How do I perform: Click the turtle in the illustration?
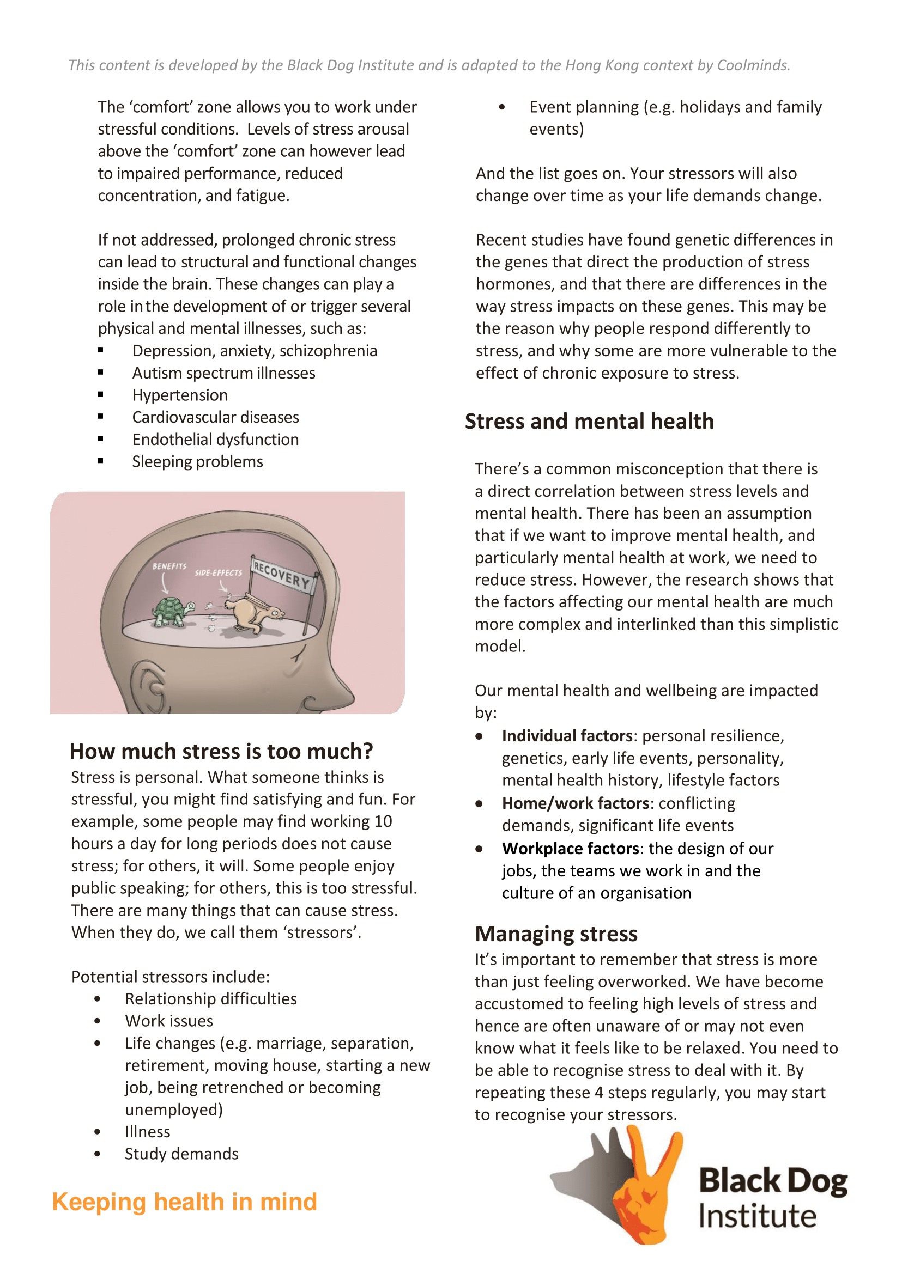172,612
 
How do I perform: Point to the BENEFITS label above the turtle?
169,566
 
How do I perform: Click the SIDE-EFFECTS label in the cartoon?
219,572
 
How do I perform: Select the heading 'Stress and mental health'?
589,422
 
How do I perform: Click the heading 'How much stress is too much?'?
221,751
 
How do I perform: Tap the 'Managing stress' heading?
556,934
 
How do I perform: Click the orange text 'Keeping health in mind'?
184,1202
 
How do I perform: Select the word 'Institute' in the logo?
757,1216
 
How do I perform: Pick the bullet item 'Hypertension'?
180,395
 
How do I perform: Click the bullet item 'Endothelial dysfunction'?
215,440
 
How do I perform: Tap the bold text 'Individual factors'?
567,736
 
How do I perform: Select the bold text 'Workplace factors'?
571,849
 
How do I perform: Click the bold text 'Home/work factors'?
576,803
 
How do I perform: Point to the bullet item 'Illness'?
147,1132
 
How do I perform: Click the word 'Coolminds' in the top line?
752,65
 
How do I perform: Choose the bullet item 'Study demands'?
181,1154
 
